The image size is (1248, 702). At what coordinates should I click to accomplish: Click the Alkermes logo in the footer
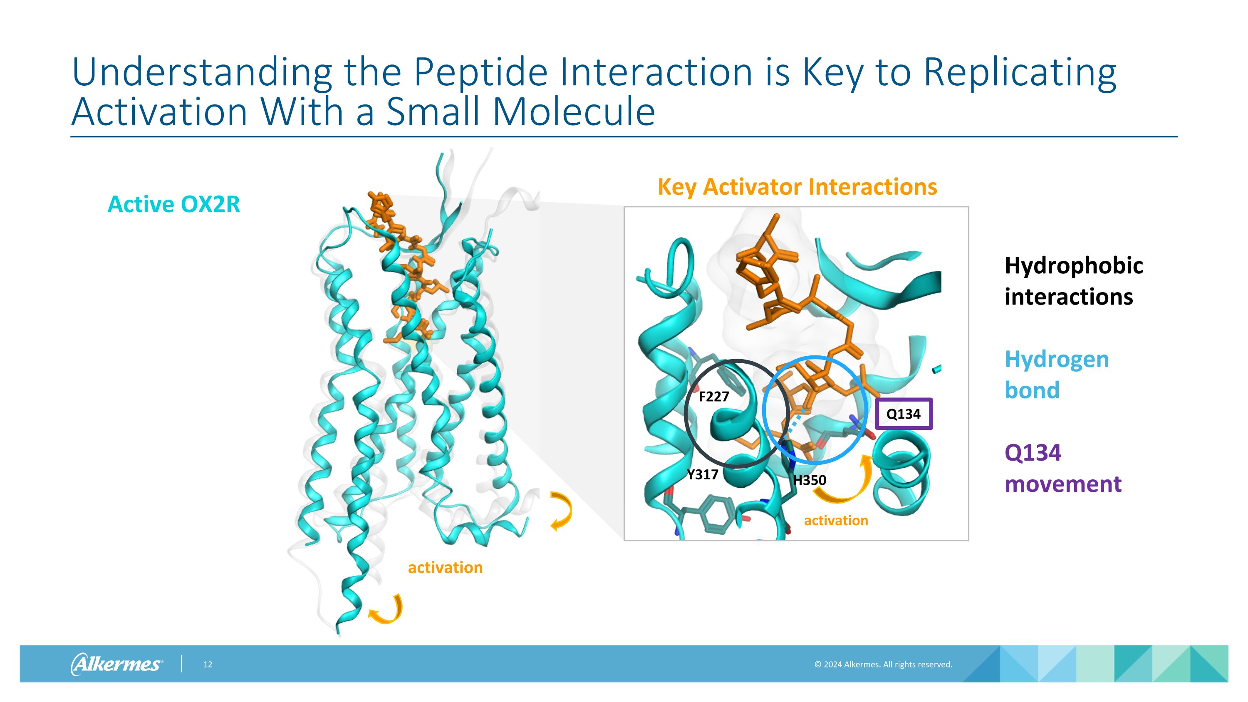point(116,664)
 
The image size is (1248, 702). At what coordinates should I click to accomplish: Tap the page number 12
point(208,664)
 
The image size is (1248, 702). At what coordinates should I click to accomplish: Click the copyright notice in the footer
point(883,664)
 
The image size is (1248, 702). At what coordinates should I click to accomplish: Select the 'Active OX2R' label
point(173,204)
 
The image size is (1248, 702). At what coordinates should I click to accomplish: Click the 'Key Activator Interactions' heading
point(797,187)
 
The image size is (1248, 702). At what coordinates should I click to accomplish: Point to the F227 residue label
point(713,397)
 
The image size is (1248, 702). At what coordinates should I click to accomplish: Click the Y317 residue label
point(703,474)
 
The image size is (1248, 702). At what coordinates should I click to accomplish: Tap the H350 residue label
point(810,480)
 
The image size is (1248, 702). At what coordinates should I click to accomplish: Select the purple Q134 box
point(904,414)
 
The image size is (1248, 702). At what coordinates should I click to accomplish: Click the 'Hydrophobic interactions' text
point(1073,281)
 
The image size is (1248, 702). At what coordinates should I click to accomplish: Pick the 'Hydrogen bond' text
point(1056,375)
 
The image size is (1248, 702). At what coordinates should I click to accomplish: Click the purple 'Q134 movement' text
point(1062,468)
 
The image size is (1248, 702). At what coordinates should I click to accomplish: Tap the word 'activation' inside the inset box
point(836,520)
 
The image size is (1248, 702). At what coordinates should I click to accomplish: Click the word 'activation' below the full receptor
point(445,567)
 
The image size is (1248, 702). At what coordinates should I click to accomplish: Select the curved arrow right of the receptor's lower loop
point(562,511)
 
